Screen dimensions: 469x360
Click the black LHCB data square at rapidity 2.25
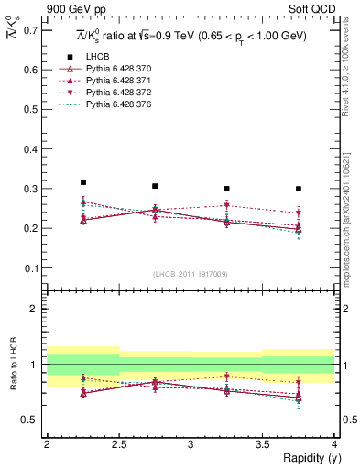tap(83, 182)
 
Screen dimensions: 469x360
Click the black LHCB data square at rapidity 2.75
tap(155, 186)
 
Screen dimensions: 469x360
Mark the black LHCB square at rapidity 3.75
tap(299, 189)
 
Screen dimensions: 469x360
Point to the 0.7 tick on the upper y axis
tap(33, 30)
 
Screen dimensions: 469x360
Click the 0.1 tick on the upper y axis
tap(33, 267)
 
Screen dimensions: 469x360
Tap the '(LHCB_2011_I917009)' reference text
tap(191, 274)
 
